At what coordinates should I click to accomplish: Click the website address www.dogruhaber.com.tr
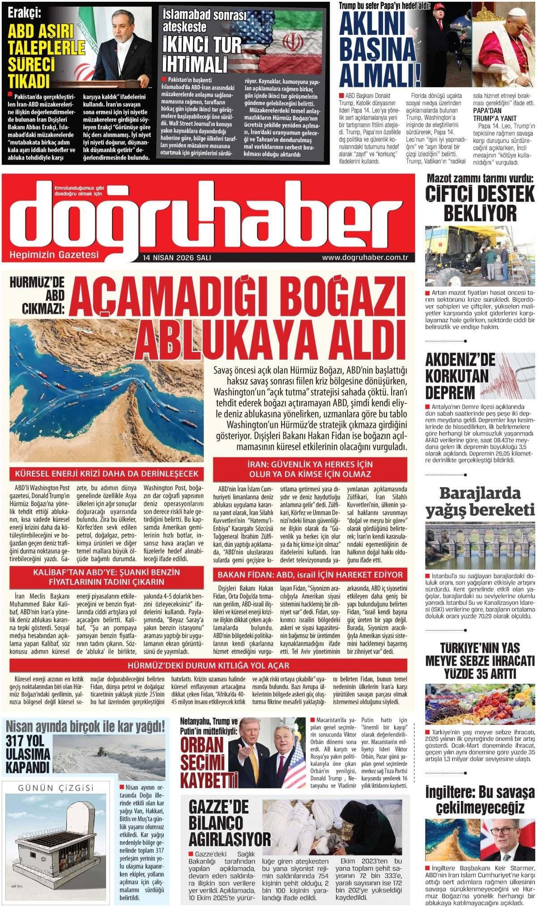tap(367, 257)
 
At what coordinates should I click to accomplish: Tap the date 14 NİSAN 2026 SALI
tap(177, 258)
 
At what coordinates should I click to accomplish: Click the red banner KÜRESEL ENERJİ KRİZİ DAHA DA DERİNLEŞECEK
tap(107, 474)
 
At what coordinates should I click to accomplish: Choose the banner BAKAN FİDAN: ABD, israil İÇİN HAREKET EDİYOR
tap(310, 575)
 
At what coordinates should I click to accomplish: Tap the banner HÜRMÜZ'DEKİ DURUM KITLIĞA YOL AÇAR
tap(209, 665)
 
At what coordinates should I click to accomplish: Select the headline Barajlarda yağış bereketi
tap(480, 502)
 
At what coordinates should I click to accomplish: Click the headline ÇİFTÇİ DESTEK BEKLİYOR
tap(480, 203)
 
